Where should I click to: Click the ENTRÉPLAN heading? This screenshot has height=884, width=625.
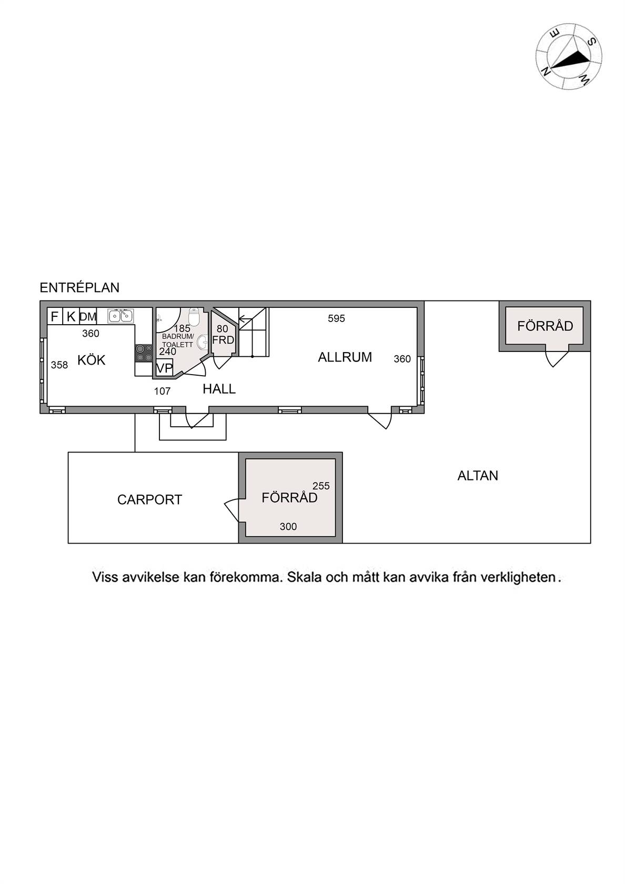(x=79, y=288)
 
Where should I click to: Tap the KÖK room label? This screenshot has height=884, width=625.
(x=91, y=360)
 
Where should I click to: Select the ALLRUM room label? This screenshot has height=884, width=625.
(x=345, y=357)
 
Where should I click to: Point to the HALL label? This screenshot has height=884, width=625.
(x=219, y=389)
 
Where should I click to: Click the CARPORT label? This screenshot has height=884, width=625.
(x=149, y=500)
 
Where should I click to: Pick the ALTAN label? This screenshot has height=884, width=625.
(x=478, y=476)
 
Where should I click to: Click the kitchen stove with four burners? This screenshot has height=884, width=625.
(x=144, y=353)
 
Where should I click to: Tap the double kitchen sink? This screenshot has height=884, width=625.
(x=121, y=316)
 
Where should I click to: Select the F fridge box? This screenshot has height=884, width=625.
(x=55, y=316)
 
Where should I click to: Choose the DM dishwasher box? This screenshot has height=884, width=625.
(x=88, y=317)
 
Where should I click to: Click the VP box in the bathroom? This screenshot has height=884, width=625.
(x=164, y=368)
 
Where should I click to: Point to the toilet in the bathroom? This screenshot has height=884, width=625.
(x=194, y=317)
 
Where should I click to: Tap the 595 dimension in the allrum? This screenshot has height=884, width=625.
(x=336, y=318)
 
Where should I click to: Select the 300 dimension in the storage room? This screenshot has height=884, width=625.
(x=288, y=526)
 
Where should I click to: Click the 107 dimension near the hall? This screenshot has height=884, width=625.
(x=162, y=391)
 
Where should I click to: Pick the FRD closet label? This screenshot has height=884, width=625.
(x=223, y=340)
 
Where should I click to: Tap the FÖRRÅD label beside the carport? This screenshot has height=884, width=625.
(x=289, y=498)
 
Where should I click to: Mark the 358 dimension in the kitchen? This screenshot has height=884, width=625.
(x=59, y=365)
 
